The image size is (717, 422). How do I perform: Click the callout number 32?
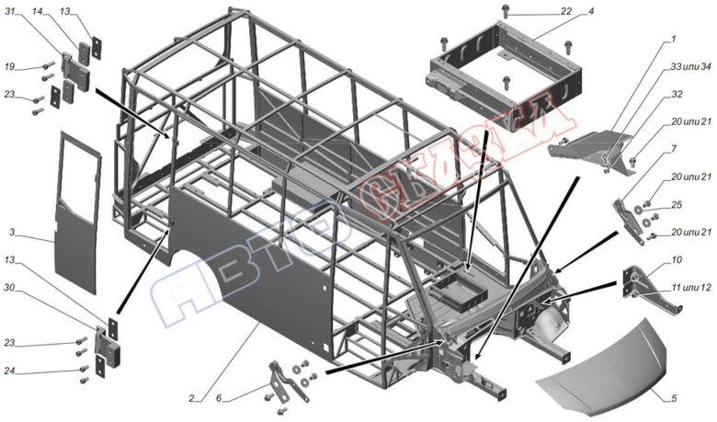point(677,95)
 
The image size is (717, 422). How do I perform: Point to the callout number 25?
point(677,204)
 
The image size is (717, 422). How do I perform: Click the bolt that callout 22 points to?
point(508,12)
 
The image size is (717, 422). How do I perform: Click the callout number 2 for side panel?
point(191,399)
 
